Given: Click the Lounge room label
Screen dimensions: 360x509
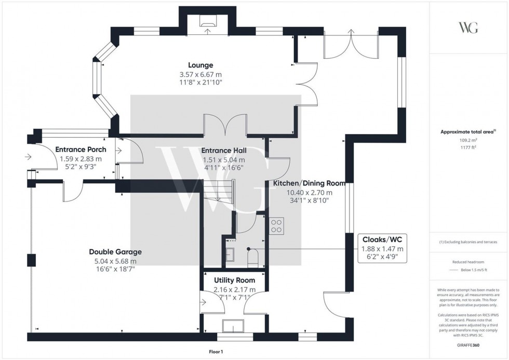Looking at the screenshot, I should (200, 65).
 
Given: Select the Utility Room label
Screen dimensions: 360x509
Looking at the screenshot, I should (234, 280).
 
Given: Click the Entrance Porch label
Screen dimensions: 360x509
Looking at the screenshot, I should (81, 150).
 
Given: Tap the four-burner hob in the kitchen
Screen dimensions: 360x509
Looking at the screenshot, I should (276, 226).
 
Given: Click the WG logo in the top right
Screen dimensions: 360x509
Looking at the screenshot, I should (468, 28).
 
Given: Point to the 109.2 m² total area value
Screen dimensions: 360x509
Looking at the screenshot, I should (468, 140).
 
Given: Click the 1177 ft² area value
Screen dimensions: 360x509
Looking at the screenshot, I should (468, 147).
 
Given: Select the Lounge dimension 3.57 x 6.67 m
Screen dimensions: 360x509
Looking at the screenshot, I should (200, 74).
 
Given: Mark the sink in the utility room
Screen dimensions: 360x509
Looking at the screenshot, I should (233, 326).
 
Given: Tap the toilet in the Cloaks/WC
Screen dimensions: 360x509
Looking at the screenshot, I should (254, 258).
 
